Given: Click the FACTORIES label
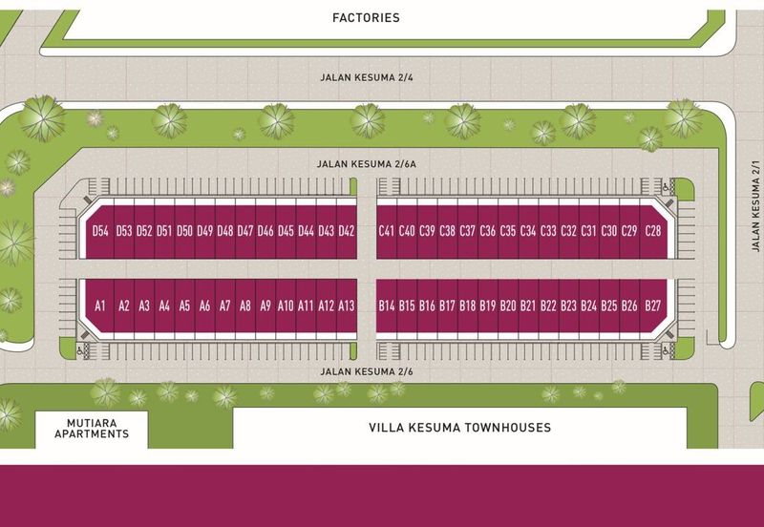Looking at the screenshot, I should point(366,17).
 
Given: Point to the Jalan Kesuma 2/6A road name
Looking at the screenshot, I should point(366,163).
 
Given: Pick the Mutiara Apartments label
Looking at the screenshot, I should point(92,428).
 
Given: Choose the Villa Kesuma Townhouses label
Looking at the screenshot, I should point(459,428).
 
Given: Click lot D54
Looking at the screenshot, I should point(100,231).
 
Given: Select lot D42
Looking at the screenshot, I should point(346,231).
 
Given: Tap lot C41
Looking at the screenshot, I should point(387,231).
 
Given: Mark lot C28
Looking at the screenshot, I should point(653,231).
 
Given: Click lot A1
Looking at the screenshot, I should point(99,306).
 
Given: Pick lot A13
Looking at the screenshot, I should point(346,306).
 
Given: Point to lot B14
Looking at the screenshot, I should point(387,306).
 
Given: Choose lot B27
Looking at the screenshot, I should point(653,306).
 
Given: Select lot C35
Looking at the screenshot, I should point(508,231).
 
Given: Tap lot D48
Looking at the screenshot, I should point(225,231).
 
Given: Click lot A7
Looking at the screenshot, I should point(225,306).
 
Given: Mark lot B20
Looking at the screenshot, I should point(508,306).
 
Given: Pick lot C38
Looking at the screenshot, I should point(447,231).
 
